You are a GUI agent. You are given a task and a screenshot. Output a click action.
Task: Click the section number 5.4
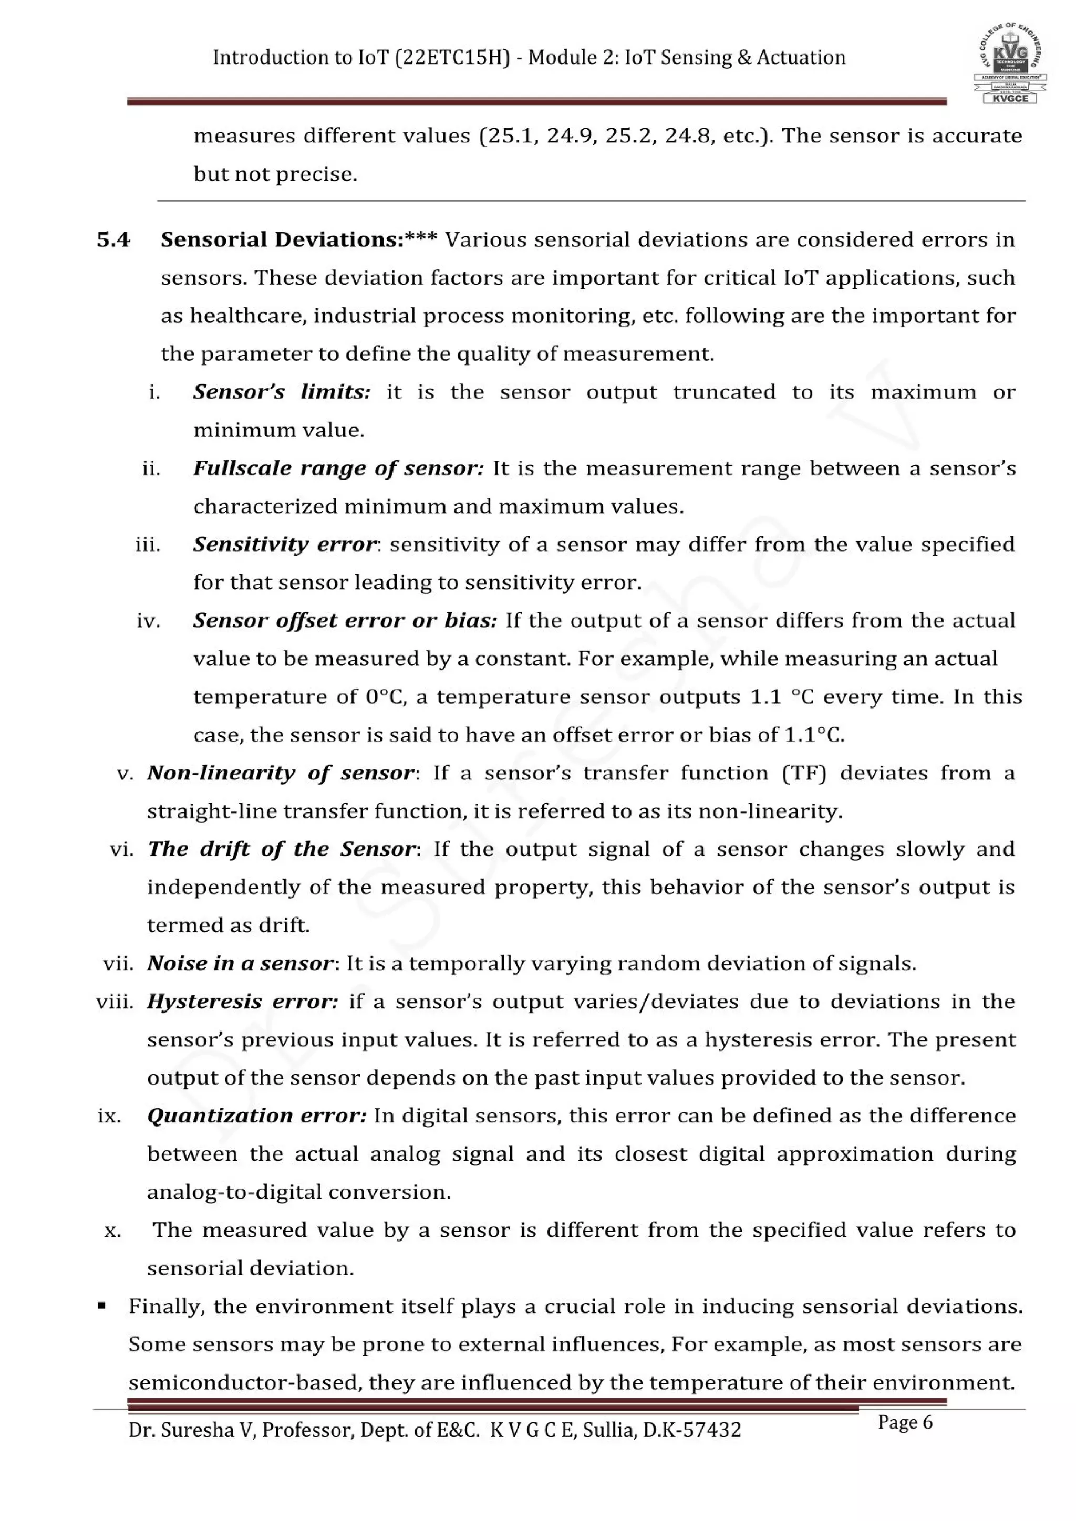pyautogui.click(x=113, y=240)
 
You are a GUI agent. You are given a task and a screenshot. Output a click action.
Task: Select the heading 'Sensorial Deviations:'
pyautogui.click(x=282, y=240)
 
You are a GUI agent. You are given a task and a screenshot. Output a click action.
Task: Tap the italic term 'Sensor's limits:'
pyautogui.click(x=282, y=392)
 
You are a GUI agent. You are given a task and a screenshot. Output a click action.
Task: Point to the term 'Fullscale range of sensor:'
pyautogui.click(x=338, y=469)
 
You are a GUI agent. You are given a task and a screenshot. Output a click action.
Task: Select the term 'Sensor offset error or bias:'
pyautogui.click(x=345, y=621)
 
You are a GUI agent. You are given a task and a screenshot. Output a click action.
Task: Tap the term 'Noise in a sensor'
pyautogui.click(x=240, y=963)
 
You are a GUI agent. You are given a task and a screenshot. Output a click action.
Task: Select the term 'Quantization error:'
pyautogui.click(x=256, y=1116)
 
